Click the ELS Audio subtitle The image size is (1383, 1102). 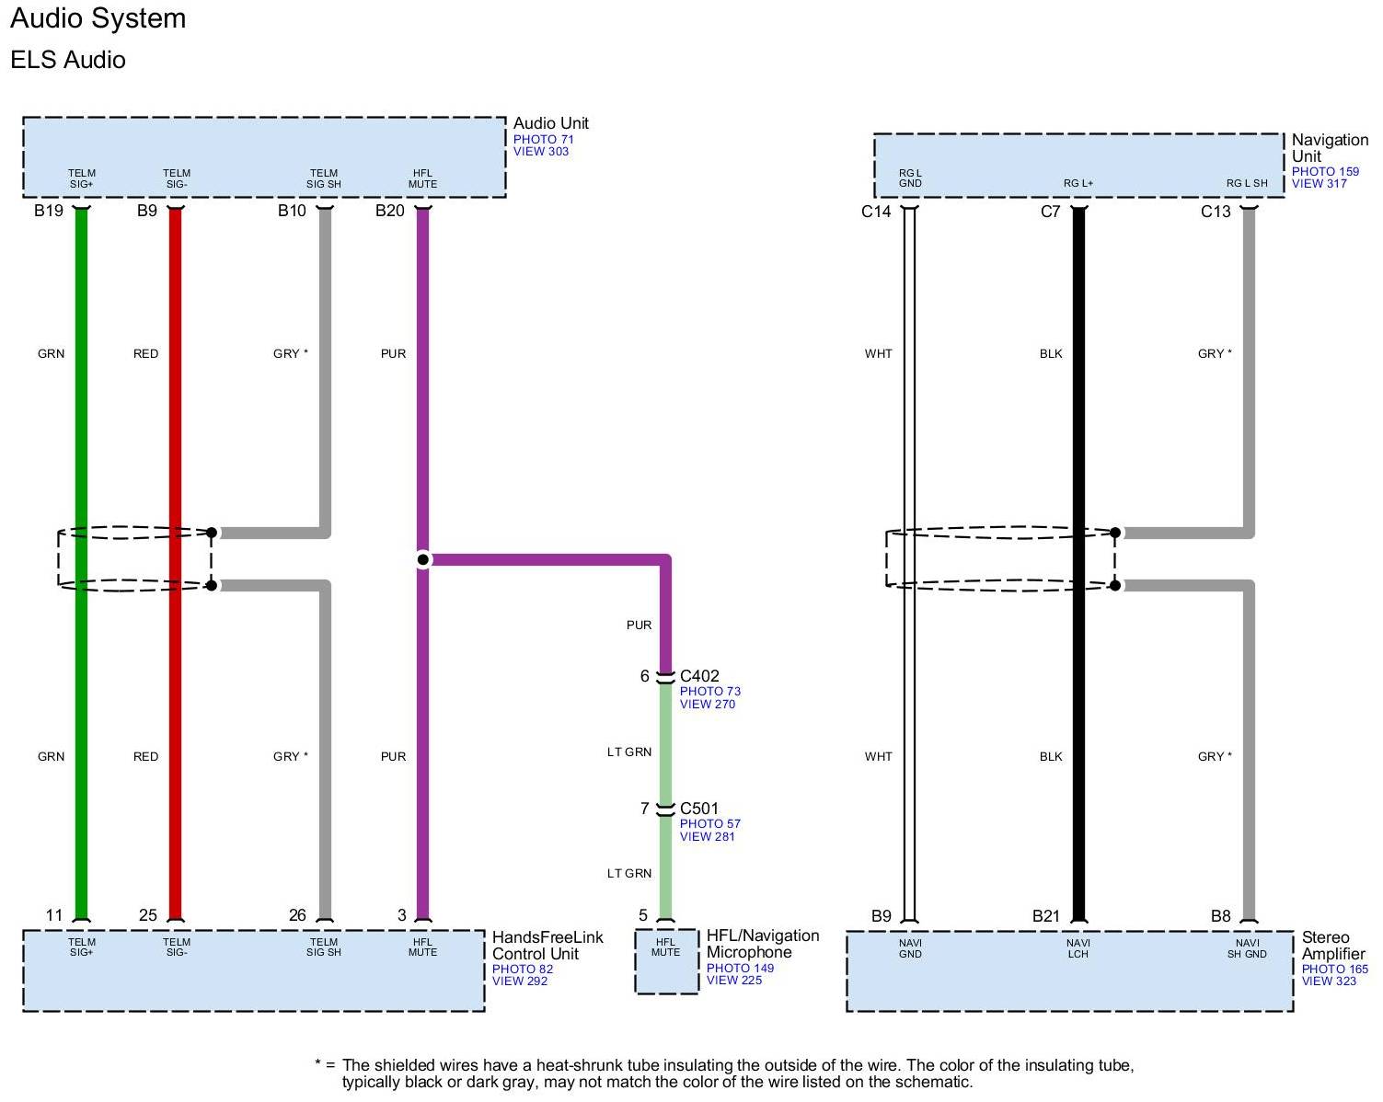pyautogui.click(x=68, y=60)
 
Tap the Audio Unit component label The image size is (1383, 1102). pyautogui.click(x=550, y=123)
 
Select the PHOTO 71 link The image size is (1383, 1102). pyautogui.click(x=543, y=140)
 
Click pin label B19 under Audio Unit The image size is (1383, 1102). pyautogui.click(x=49, y=212)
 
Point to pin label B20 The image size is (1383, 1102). pyautogui.click(x=389, y=212)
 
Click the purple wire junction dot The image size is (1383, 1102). pyautogui.click(x=422, y=559)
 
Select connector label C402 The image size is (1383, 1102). pyautogui.click(x=699, y=676)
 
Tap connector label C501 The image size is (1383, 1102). pyautogui.click(x=699, y=809)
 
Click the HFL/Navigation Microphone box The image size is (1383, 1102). pyautogui.click(x=665, y=961)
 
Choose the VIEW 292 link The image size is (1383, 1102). pyautogui.click(x=519, y=981)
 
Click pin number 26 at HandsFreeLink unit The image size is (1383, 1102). pyautogui.click(x=297, y=915)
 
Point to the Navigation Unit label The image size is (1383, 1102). pyautogui.click(x=1329, y=148)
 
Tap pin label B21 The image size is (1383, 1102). pyautogui.click(x=1046, y=916)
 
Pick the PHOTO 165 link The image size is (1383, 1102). pyautogui.click(x=1334, y=969)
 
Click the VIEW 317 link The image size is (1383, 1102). pyautogui.click(x=1319, y=184)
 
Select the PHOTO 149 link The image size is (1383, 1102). pyautogui.click(x=740, y=968)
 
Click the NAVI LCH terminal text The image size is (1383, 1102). pyautogui.click(x=1078, y=948)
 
